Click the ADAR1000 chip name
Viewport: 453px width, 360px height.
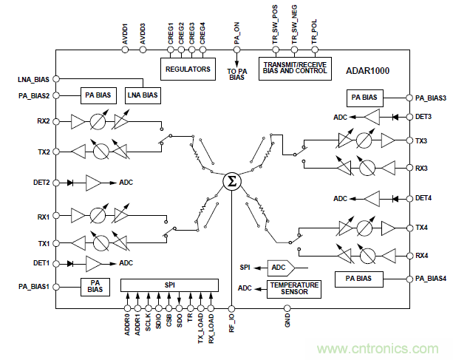coord(367,71)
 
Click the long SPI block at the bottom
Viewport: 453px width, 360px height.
coord(169,285)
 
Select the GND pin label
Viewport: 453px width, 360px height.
coord(288,318)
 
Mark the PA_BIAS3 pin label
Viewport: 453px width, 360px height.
coord(430,97)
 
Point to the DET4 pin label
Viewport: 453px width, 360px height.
coord(426,198)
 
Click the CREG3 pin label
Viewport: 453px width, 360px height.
coord(191,33)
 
